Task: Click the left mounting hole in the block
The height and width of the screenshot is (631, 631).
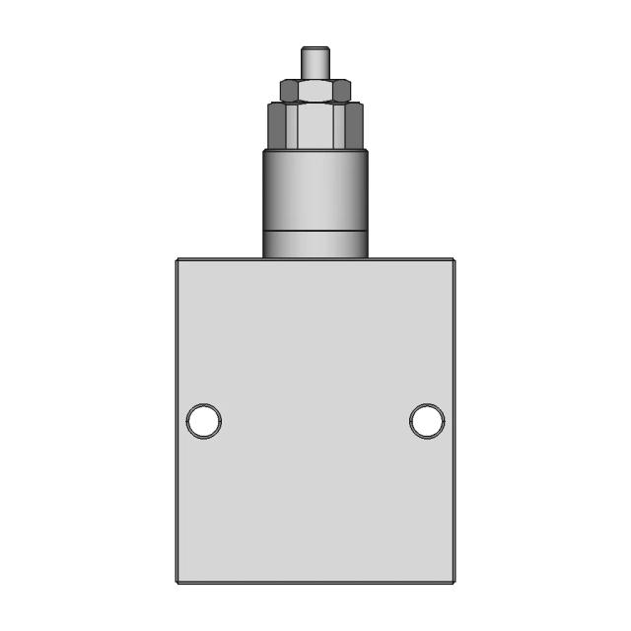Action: [204, 421]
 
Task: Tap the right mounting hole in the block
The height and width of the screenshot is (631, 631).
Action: [427, 421]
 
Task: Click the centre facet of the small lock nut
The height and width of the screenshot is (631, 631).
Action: [315, 91]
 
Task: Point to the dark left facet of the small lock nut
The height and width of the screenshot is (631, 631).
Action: [287, 91]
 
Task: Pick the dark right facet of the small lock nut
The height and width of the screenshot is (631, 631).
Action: [343, 91]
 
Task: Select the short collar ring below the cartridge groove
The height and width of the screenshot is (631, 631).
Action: [315, 245]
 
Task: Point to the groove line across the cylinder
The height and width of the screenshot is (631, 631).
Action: [315, 232]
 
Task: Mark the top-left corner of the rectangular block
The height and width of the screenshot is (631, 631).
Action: [177, 259]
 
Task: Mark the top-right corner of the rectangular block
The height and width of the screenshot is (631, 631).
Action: [454, 259]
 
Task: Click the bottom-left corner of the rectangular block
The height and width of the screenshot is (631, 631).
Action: [177, 583]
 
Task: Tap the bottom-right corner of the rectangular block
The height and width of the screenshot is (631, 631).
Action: [454, 583]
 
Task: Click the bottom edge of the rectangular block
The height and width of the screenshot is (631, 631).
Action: [315, 583]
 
